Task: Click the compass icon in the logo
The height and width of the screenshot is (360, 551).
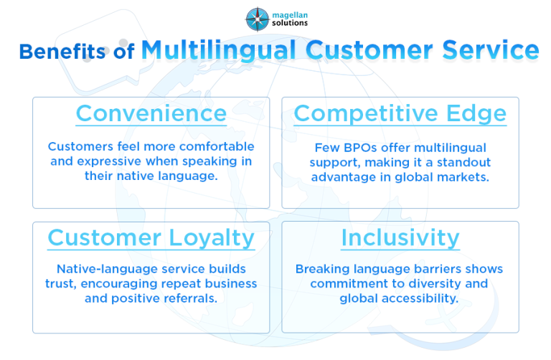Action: (x=256, y=17)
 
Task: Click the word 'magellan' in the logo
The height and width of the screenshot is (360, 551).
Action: (x=288, y=12)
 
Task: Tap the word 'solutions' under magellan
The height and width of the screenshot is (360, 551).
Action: (x=288, y=23)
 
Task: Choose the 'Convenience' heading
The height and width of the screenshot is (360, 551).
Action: (x=151, y=113)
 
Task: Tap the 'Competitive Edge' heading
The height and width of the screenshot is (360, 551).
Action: (x=400, y=113)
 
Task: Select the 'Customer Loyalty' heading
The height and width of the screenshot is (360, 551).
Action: (x=151, y=237)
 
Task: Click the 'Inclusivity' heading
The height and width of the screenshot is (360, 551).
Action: (x=400, y=237)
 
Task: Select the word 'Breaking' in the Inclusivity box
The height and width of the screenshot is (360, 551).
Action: (x=321, y=269)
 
